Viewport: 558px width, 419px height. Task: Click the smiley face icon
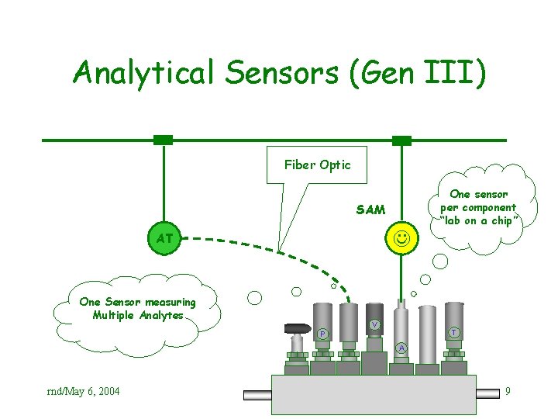[x=401, y=237]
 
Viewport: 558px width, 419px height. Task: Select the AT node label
[x=164, y=238]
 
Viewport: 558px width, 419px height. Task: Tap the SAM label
[x=370, y=209]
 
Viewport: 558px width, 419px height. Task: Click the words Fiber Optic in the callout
[x=317, y=164]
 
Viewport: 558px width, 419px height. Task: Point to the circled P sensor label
[x=322, y=334]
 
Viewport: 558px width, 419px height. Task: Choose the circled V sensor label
[x=374, y=324]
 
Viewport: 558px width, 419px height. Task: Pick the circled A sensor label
[x=400, y=348]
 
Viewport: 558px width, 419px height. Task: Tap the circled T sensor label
[x=454, y=332]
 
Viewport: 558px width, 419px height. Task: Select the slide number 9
[x=507, y=391]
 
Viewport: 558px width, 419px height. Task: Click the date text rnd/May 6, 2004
[x=84, y=391]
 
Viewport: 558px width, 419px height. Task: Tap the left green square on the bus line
[x=163, y=140]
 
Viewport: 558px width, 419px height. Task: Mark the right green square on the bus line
[x=401, y=140]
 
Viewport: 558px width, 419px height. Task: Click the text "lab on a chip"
[x=478, y=220]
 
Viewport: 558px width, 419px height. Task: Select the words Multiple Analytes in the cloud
[x=138, y=315]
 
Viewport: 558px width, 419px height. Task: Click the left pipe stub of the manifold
[x=258, y=395]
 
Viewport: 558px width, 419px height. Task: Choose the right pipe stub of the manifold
[x=490, y=395]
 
